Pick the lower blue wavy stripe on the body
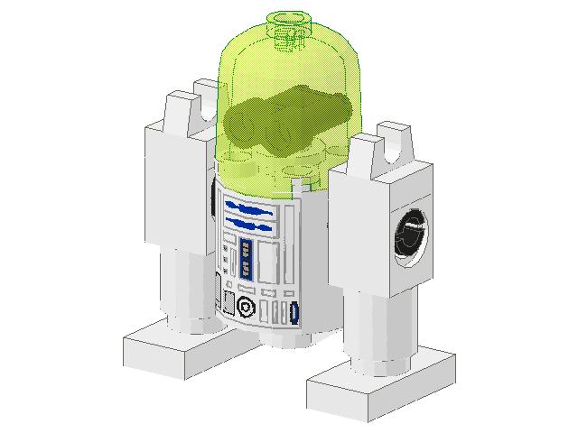click(250, 221)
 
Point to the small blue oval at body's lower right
click(294, 313)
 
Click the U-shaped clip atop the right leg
click(389, 145)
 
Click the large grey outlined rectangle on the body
click(268, 262)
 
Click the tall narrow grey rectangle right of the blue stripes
click(289, 216)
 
